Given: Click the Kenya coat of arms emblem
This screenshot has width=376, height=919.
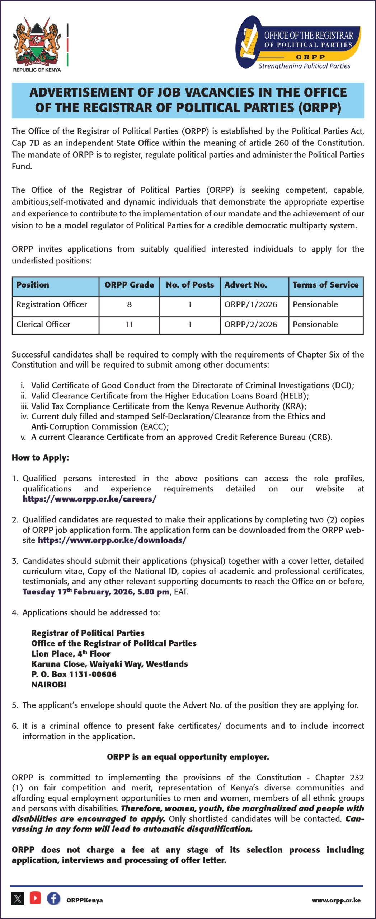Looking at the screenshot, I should pyautogui.click(x=37, y=41).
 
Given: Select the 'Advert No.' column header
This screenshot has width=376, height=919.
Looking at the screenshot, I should pyautogui.click(x=246, y=285).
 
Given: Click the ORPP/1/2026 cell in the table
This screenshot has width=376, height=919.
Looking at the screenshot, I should pyautogui.click(x=251, y=304).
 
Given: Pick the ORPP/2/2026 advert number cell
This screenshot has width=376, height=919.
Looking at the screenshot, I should pyautogui.click(x=251, y=325).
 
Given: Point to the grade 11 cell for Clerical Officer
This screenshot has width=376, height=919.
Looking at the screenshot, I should pyautogui.click(x=129, y=325).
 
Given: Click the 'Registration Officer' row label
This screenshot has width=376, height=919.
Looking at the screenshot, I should pyautogui.click(x=52, y=304).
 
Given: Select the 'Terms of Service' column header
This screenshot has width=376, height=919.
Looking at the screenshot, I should pyautogui.click(x=325, y=285).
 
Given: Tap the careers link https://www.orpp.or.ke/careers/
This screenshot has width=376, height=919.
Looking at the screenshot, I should pyautogui.click(x=89, y=499).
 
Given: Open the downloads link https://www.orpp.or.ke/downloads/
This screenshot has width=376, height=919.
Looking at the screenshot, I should pyautogui.click(x=112, y=540).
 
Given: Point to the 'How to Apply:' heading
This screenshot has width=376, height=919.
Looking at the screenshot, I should pyautogui.click(x=40, y=458).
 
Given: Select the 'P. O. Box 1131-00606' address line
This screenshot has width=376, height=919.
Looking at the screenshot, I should pyautogui.click(x=74, y=674).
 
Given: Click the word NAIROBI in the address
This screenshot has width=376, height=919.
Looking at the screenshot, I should pyautogui.click(x=49, y=685).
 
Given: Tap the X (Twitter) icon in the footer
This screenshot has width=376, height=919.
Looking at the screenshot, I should pyautogui.click(x=18, y=899).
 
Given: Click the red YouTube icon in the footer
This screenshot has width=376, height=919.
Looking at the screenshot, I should pyautogui.click(x=35, y=898).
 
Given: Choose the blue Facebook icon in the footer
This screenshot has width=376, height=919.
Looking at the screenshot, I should pyautogui.click(x=53, y=898).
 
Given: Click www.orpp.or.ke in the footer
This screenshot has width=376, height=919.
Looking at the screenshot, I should pyautogui.click(x=336, y=900).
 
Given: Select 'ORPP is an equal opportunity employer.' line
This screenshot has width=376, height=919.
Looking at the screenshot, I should pyautogui.click(x=188, y=757).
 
